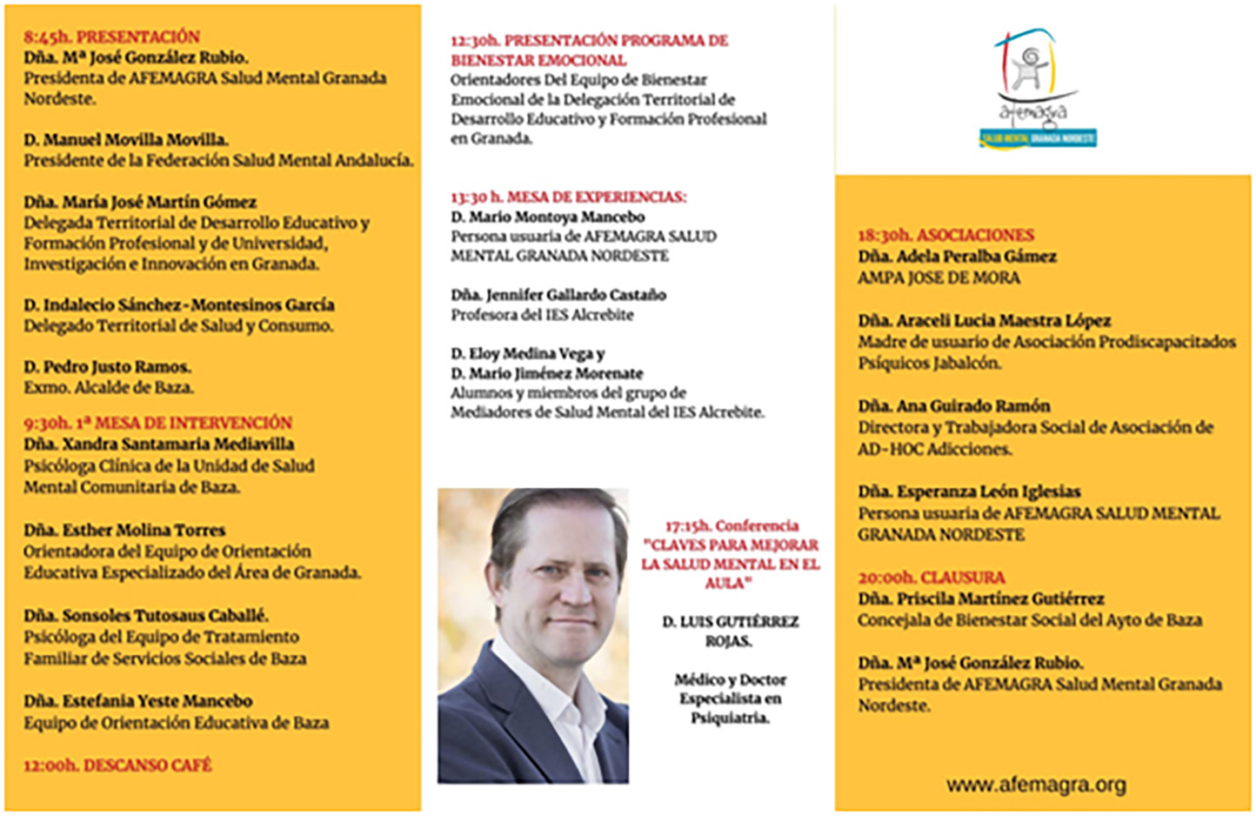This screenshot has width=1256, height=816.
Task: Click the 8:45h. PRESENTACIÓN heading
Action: click(x=111, y=37)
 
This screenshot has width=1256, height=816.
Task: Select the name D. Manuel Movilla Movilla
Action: click(x=125, y=139)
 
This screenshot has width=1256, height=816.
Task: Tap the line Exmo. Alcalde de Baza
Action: click(x=109, y=388)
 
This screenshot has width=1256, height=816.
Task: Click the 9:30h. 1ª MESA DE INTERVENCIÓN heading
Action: click(x=157, y=423)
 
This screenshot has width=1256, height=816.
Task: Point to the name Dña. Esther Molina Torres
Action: click(x=124, y=530)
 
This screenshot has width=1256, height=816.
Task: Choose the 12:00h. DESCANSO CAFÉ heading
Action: click(x=117, y=766)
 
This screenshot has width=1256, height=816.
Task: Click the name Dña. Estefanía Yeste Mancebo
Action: click(x=137, y=701)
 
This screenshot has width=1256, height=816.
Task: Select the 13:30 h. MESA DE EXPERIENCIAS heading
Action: click(x=568, y=197)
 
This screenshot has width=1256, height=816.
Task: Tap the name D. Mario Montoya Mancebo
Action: click(x=548, y=217)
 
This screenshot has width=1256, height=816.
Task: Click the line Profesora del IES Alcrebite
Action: click(x=542, y=315)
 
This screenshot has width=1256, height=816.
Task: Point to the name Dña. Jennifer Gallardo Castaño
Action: click(x=558, y=295)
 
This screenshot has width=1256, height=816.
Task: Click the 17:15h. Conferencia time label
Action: click(x=732, y=525)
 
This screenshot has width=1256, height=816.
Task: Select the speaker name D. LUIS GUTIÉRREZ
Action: click(x=730, y=622)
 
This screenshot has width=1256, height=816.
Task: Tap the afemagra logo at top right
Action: click(x=1038, y=87)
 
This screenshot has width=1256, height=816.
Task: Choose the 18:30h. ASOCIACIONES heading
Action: click(x=945, y=235)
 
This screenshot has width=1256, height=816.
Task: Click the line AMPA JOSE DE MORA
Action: click(x=939, y=278)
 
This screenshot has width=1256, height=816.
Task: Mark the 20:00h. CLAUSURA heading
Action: click(x=931, y=578)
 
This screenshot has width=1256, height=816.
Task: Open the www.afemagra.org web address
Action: click(x=1036, y=785)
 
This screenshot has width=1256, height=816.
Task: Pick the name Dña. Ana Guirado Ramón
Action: click(x=953, y=406)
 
